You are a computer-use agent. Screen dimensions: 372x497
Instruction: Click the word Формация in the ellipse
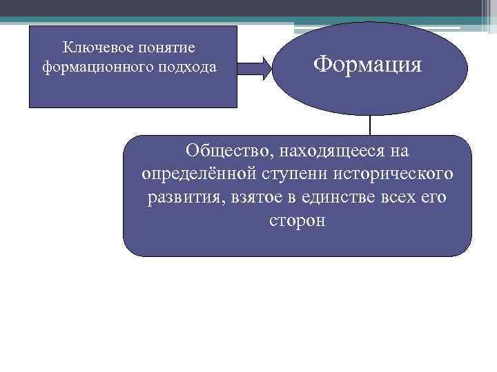(x=367, y=65)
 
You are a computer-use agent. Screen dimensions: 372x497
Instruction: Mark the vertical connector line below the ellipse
(x=371, y=125)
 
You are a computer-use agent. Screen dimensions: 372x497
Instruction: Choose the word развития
(x=182, y=198)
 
